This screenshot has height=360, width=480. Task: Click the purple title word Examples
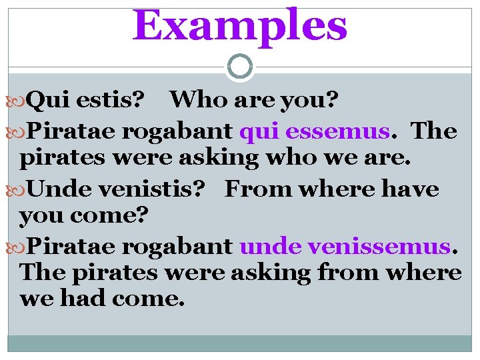(240, 25)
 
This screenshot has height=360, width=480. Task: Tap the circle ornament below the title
(240, 67)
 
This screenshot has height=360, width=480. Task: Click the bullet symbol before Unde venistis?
(19, 189)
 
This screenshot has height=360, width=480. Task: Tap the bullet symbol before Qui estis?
(19, 101)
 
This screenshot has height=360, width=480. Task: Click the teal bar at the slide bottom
(240, 343)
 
